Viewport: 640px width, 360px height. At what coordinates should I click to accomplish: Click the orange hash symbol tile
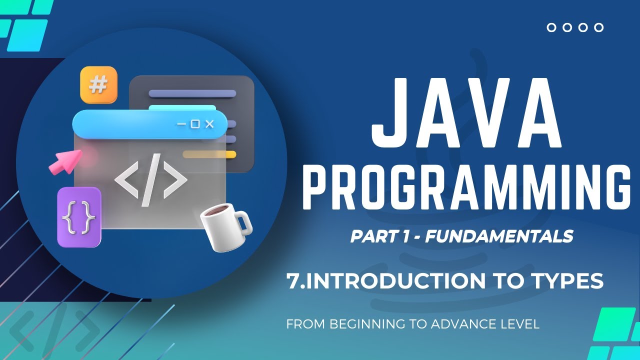(x=98, y=85)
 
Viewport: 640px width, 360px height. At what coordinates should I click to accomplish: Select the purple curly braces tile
(x=79, y=217)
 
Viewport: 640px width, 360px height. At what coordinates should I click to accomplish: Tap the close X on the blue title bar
(x=209, y=124)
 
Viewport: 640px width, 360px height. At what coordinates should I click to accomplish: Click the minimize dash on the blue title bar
(x=181, y=124)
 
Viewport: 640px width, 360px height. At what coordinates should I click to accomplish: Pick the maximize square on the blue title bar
(x=195, y=124)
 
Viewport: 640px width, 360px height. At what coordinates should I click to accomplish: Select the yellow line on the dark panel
(x=209, y=154)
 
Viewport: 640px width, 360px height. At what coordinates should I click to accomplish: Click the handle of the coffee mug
(x=243, y=224)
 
